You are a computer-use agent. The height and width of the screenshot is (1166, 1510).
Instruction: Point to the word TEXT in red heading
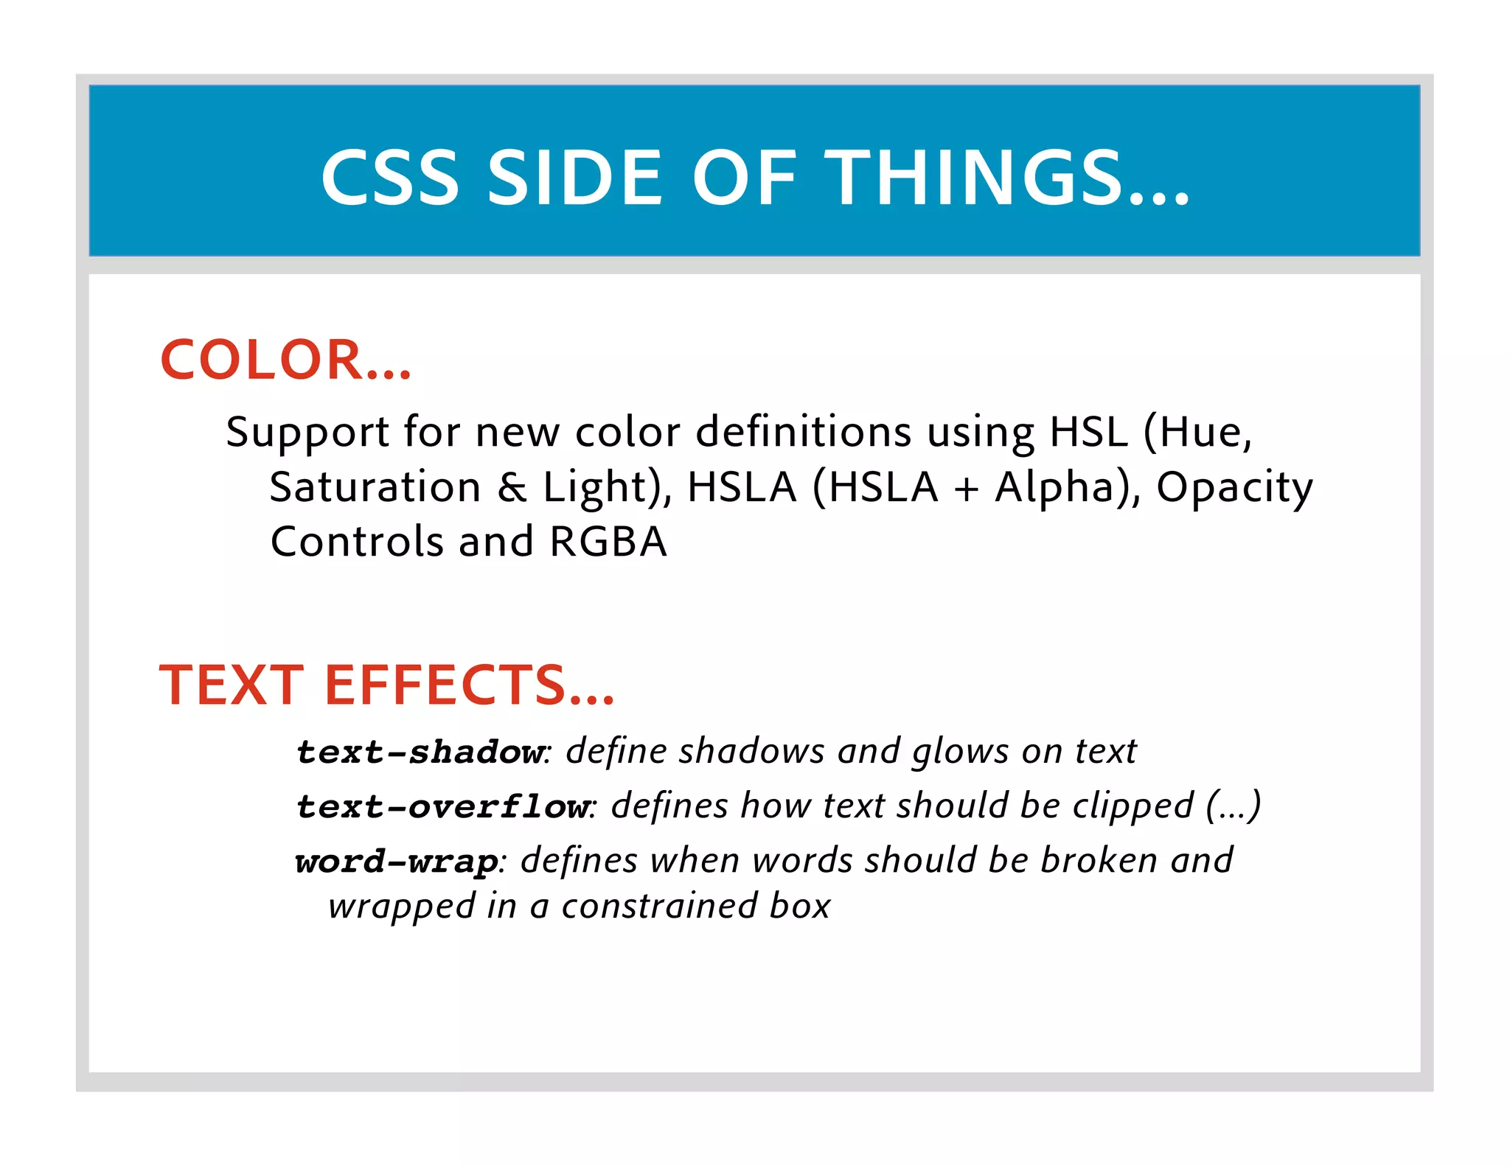click(x=232, y=685)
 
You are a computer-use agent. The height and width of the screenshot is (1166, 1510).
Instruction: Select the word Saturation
click(x=375, y=487)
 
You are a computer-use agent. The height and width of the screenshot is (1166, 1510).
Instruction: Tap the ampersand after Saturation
click(x=512, y=487)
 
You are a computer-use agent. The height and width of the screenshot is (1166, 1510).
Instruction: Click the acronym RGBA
click(x=608, y=542)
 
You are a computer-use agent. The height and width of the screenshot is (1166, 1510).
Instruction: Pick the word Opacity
click(x=1234, y=489)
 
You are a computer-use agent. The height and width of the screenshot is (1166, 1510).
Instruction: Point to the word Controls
click(x=357, y=542)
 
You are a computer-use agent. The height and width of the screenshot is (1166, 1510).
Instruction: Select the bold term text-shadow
click(x=420, y=752)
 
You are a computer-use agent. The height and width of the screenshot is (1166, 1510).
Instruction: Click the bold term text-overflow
click(x=442, y=806)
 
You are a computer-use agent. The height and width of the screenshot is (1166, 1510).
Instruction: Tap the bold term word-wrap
click(x=397, y=862)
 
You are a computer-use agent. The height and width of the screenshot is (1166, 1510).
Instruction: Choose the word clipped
click(x=1132, y=806)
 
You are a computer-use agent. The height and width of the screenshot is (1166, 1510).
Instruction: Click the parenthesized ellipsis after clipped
click(x=1233, y=806)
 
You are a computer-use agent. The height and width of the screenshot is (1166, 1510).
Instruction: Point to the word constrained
click(x=659, y=906)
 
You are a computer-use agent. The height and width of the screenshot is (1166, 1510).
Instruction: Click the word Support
click(x=307, y=433)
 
